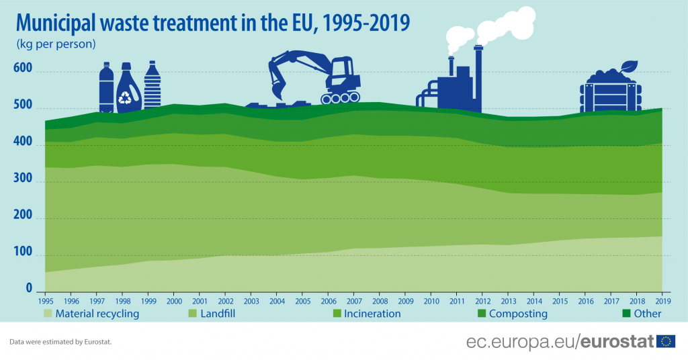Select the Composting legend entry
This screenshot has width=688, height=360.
point(518,314)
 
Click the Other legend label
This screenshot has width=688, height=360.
point(648,314)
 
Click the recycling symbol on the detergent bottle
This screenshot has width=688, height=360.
point(126,98)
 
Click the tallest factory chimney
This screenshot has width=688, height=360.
point(478,77)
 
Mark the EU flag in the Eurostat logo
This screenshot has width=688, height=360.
point(666,342)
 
